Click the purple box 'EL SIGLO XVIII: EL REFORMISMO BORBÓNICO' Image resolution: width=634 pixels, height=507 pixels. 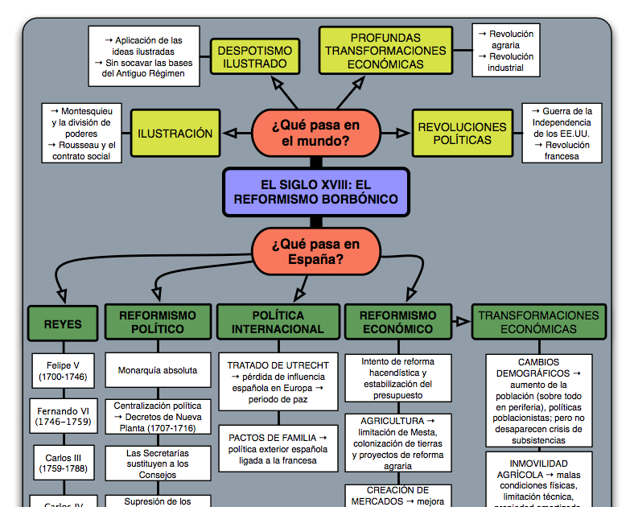click(x=312, y=192)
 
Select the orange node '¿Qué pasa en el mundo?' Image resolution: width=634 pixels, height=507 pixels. click(x=315, y=133)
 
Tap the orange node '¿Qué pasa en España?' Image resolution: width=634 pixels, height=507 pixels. click(x=315, y=251)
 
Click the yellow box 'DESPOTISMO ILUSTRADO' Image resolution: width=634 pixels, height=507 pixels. click(x=255, y=57)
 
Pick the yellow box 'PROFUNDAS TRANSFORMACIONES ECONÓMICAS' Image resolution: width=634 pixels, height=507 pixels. click(x=385, y=51)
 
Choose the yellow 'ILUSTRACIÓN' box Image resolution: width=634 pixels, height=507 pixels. click(x=175, y=134)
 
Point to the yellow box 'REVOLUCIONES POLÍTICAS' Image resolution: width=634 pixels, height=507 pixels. click(x=462, y=134)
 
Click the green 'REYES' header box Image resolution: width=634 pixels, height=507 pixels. click(x=63, y=324)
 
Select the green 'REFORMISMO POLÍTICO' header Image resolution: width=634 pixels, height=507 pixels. click(x=158, y=322)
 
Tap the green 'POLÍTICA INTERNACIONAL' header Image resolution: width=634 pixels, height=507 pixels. click(x=278, y=322)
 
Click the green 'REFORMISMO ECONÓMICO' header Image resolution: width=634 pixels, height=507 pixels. click(x=397, y=322)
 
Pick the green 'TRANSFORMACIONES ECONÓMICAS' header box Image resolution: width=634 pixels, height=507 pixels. click(x=538, y=322)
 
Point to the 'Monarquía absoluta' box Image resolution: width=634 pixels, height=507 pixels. click(x=158, y=370)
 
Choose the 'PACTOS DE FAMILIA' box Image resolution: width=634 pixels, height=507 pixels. click(x=278, y=449)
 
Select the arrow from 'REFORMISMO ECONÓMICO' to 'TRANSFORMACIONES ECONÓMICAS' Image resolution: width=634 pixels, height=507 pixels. click(x=461, y=322)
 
